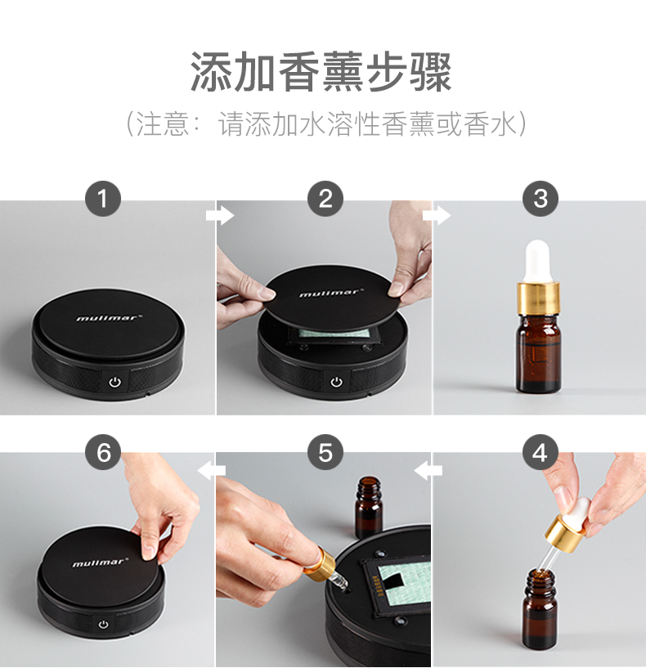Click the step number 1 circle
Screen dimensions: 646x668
click(x=103, y=199)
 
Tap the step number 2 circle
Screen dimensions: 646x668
click(x=325, y=199)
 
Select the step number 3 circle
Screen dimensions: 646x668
click(x=541, y=199)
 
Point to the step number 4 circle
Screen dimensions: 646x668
click(x=541, y=452)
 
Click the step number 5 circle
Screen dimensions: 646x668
click(x=325, y=452)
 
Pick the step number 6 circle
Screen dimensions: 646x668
click(x=103, y=452)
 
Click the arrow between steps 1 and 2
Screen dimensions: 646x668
click(x=220, y=215)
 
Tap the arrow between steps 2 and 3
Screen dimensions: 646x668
click(x=437, y=215)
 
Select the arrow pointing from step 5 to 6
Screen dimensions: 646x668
click(x=212, y=470)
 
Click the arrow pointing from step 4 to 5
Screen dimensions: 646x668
click(x=428, y=470)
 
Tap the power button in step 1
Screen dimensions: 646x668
click(x=115, y=382)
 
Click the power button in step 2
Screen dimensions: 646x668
click(x=337, y=381)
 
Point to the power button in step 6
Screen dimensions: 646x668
click(x=103, y=624)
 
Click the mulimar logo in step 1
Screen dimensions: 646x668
click(x=107, y=317)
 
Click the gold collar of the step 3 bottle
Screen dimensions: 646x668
click(x=538, y=298)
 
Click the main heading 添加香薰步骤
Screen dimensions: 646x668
click(x=321, y=72)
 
